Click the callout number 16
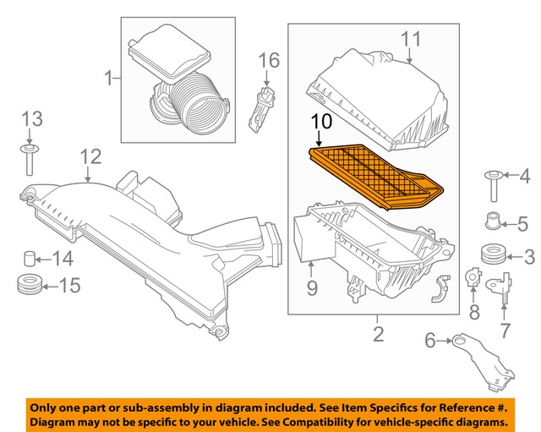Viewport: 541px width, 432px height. pos(268,60)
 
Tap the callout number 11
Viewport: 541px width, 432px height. pos(410,39)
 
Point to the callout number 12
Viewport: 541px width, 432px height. pos(90,156)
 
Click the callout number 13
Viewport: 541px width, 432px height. pos(30,118)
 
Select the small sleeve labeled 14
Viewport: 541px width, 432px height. pos(30,257)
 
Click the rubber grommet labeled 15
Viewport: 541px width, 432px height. pos(30,285)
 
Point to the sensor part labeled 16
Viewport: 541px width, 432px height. pos(260,106)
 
